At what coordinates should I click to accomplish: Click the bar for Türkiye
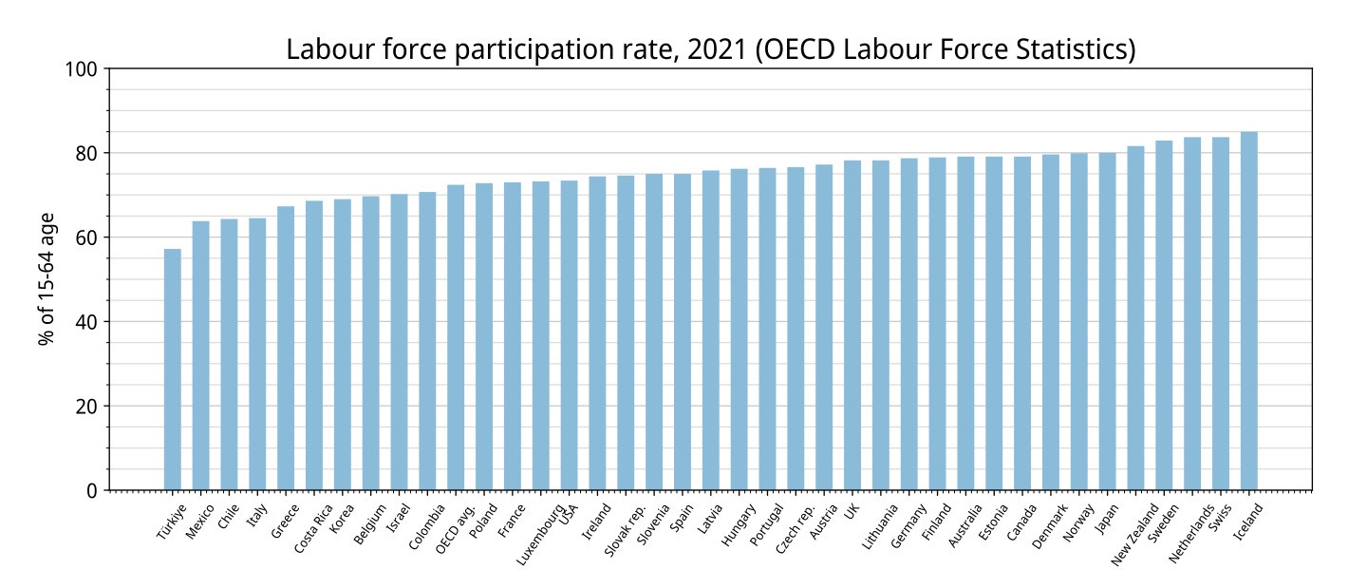[173, 369]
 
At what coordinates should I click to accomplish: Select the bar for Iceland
[1248, 311]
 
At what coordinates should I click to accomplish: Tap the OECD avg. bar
[456, 337]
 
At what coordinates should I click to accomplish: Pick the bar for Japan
[1107, 321]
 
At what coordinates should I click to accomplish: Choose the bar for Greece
[286, 349]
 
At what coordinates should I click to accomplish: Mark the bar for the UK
[852, 325]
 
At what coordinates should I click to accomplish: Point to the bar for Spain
[683, 332]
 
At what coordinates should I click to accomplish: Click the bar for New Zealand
[1135, 317]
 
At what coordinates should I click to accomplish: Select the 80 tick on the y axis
[106, 153]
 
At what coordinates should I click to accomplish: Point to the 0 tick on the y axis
[106, 490]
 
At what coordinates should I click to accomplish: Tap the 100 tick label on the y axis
[82, 69]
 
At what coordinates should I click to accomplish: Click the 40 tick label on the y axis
[86, 322]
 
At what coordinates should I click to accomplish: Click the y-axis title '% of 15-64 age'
[47, 279]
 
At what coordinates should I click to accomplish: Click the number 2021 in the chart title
[717, 48]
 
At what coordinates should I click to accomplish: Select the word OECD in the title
[799, 48]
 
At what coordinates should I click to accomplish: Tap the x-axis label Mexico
[200, 522]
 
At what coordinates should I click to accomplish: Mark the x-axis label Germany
[908, 526]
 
